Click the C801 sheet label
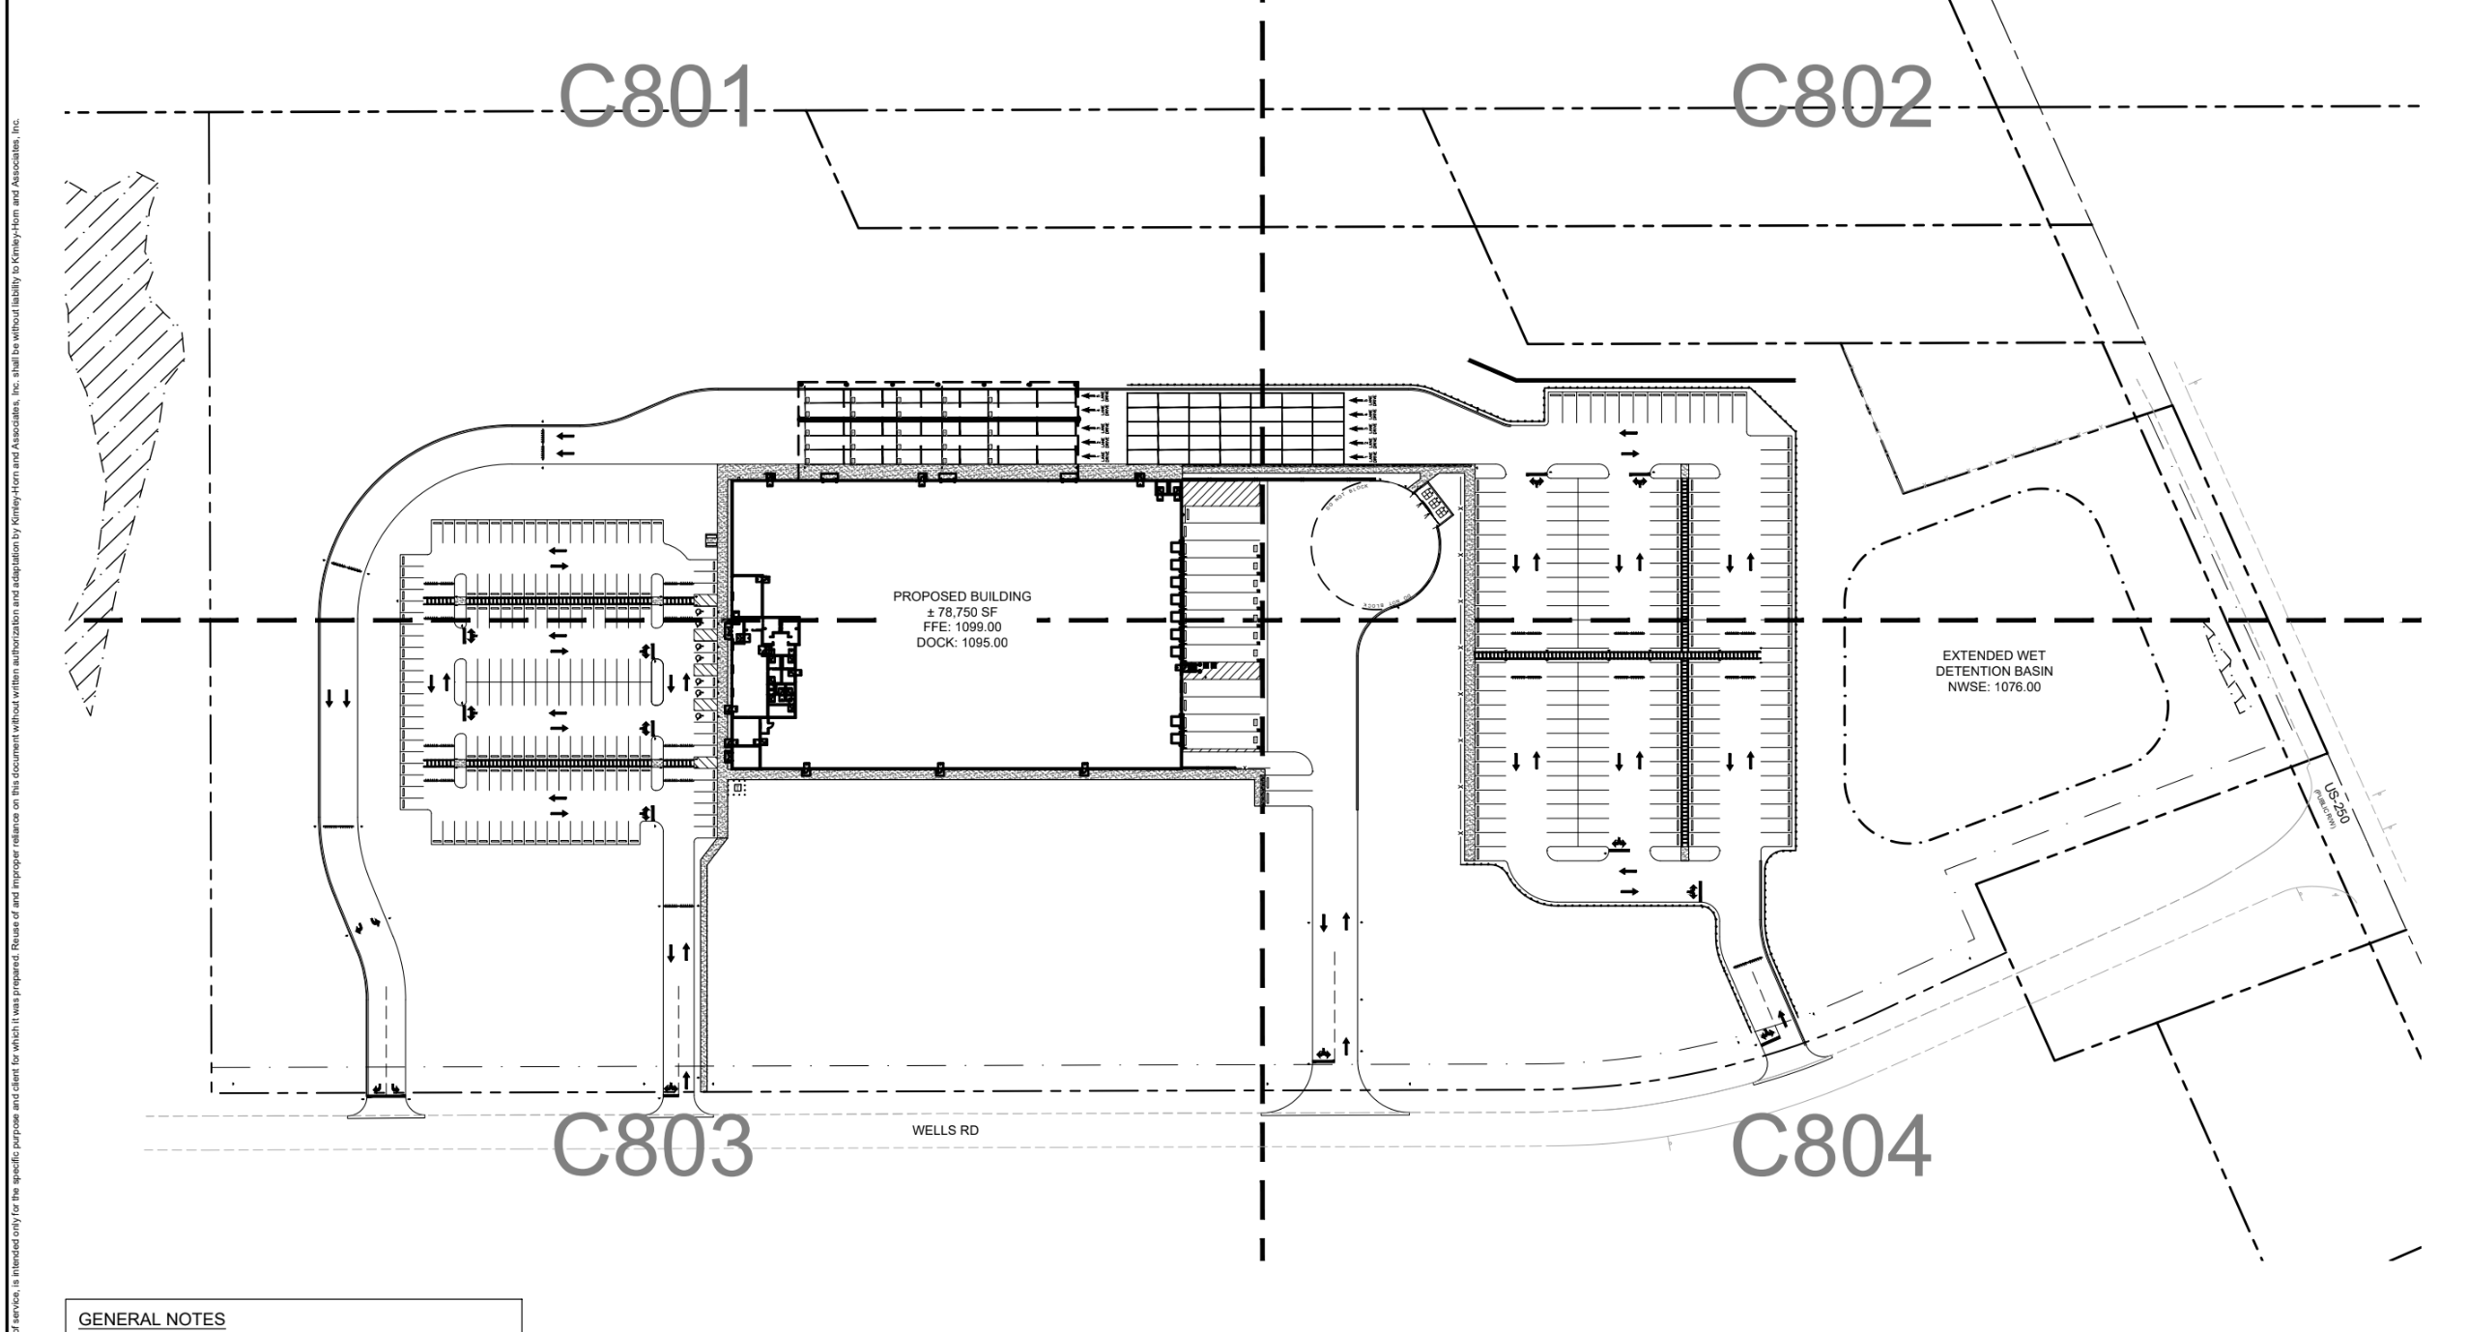click(x=657, y=98)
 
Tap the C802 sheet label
click(x=1830, y=98)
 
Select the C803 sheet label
click(x=652, y=1145)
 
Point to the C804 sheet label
click(x=1830, y=1145)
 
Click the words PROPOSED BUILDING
click(x=961, y=596)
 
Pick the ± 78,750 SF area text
click(x=961, y=612)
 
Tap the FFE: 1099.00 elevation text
click(x=961, y=627)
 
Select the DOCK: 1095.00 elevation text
click(x=961, y=643)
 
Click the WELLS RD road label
click(x=945, y=1130)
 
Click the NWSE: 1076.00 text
click(x=1993, y=687)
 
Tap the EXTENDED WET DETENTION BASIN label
click(x=1993, y=663)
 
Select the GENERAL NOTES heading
click(x=152, y=1319)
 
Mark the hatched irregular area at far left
click(x=121, y=435)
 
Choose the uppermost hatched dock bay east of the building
click(x=1222, y=494)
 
